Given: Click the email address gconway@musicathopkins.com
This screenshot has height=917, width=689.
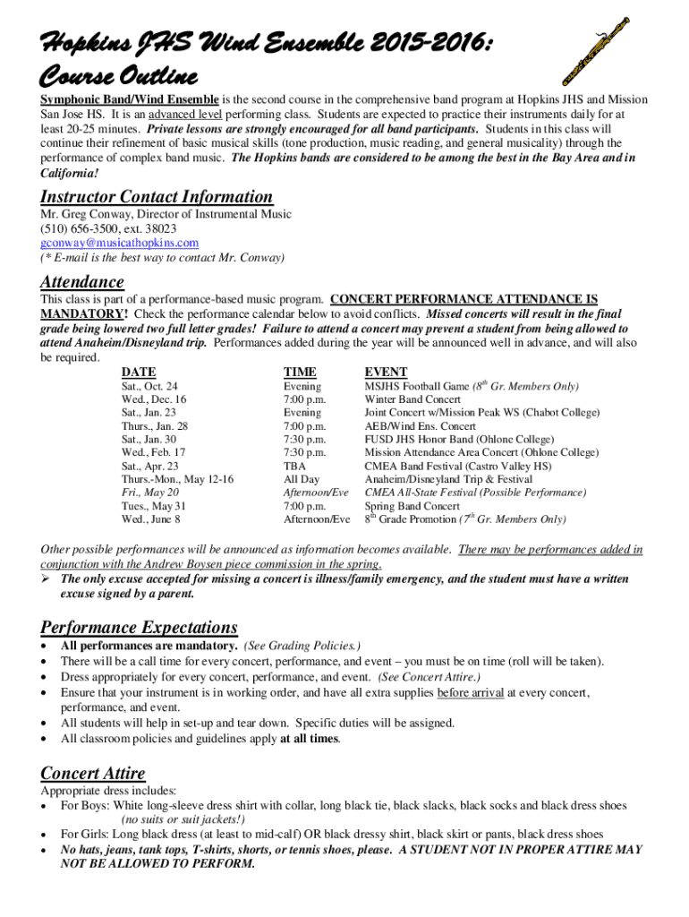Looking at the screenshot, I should (120, 243).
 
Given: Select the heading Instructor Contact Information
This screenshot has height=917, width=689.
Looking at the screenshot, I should (157, 197).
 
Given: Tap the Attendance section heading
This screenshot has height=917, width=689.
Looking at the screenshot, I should (82, 282).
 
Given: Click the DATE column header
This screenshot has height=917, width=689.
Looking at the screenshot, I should (139, 372).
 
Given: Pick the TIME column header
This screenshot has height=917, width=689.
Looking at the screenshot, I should (300, 372).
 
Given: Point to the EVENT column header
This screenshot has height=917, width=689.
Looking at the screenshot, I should (386, 372).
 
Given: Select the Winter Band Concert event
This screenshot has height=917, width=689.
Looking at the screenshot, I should (413, 399).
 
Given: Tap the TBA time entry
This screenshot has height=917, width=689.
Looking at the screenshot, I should (295, 467).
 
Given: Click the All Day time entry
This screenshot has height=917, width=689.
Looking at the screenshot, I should (302, 480).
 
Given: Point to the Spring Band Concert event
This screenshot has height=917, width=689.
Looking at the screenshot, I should (412, 506).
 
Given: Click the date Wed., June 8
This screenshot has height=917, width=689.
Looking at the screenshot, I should (151, 519).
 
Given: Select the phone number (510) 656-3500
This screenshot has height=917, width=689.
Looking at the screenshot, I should (81, 229).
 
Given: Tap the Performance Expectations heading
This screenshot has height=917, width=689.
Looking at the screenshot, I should (139, 627).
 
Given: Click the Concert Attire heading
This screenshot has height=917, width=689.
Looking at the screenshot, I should (93, 773).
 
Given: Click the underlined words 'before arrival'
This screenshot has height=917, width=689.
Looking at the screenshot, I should (470, 692).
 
